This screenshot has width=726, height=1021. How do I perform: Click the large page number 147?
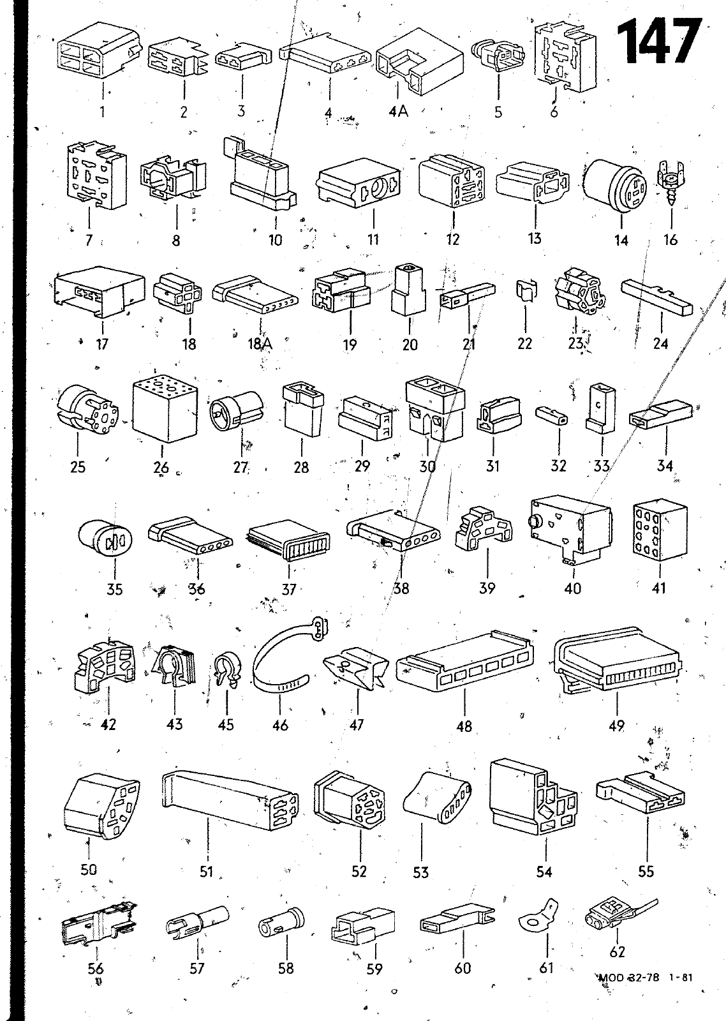(x=658, y=41)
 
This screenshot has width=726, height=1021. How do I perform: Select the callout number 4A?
(x=399, y=111)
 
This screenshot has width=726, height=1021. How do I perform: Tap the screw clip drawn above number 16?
(x=671, y=183)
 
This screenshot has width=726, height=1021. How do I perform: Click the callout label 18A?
(x=260, y=343)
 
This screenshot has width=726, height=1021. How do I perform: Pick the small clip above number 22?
(x=526, y=291)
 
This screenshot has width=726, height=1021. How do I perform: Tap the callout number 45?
(x=226, y=724)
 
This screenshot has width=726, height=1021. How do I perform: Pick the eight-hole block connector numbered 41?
(x=660, y=530)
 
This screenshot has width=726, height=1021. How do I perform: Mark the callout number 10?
(x=275, y=240)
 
